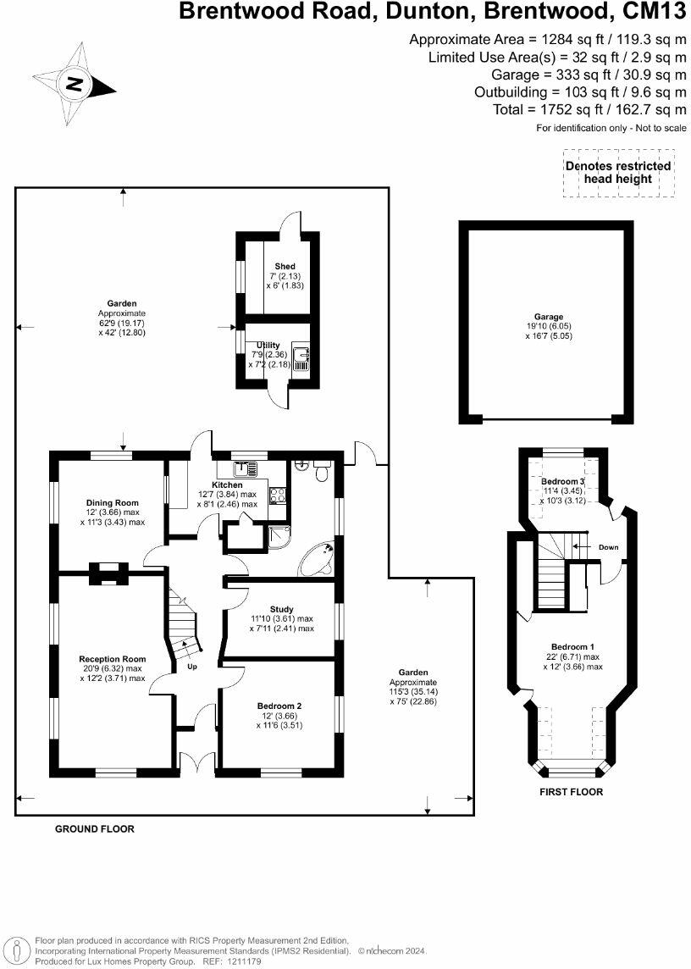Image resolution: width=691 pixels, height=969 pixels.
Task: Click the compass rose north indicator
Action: [x=75, y=84]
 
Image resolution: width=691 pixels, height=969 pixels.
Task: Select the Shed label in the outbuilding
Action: [x=285, y=267]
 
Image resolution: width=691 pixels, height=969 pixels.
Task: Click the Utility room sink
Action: [x=301, y=357]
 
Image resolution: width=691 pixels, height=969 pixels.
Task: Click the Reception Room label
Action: [x=112, y=659]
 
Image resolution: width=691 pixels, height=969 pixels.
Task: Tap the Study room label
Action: [x=281, y=609]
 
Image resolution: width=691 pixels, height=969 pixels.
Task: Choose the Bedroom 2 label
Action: [x=280, y=706]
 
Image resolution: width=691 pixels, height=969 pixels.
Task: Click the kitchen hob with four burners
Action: [x=277, y=496]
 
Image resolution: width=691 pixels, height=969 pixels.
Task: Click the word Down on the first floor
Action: [x=608, y=547]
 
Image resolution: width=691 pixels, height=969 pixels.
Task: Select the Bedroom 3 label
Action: [x=562, y=481]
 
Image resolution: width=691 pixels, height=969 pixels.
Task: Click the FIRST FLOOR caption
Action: [x=571, y=792]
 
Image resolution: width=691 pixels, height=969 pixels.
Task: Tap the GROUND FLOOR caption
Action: [x=94, y=829]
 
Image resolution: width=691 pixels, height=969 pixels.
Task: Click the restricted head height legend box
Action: [x=618, y=173]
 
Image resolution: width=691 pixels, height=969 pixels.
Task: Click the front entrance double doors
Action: [x=196, y=761]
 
